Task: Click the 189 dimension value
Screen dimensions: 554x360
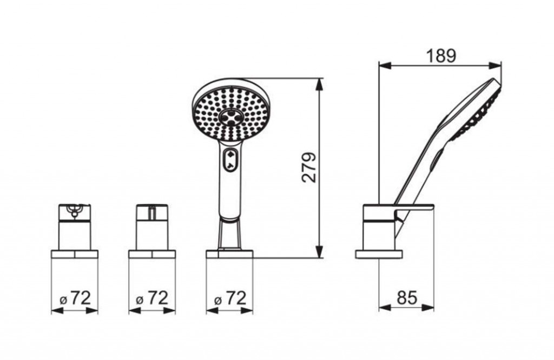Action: click(x=441, y=56)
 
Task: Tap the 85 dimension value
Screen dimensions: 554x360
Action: click(x=407, y=297)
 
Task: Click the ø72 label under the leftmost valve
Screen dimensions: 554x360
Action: click(x=75, y=298)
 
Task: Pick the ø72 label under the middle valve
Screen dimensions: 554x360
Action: click(x=152, y=298)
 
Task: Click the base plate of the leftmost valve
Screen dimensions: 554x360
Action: click(x=75, y=254)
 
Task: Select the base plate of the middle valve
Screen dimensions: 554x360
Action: click(x=152, y=254)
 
